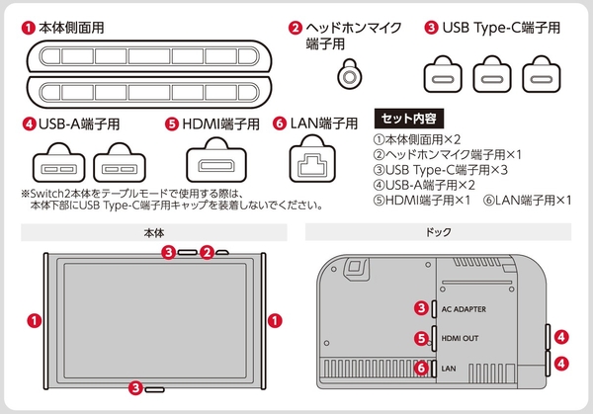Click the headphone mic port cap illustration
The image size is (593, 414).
pos(350,74)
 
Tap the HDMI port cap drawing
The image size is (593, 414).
pos(216,160)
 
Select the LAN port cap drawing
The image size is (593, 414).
pos(312,159)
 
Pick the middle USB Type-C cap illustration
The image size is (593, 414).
pos(492,74)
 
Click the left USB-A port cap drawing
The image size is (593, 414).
pos(58,163)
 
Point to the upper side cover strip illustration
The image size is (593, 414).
pos(149,56)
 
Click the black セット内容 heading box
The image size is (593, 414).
pos(408,119)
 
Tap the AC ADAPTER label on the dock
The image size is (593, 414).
pos(464,309)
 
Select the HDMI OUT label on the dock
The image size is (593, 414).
pos(460,338)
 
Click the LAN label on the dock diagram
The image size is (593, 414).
pos(449,369)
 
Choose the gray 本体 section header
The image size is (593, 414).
pos(154,232)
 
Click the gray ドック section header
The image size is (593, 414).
pos(438,232)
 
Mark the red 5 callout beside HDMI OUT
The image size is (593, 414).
pos(421,338)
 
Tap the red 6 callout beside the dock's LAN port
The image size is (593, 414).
pos(421,368)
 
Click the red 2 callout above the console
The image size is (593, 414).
pos(207,252)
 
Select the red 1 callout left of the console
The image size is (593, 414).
pos(35,321)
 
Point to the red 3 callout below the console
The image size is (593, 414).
pos(135,388)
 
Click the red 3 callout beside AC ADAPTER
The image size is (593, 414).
pos(421,308)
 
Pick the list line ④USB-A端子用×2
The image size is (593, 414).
pos(424,185)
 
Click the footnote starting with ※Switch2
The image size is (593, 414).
pos(172,200)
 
